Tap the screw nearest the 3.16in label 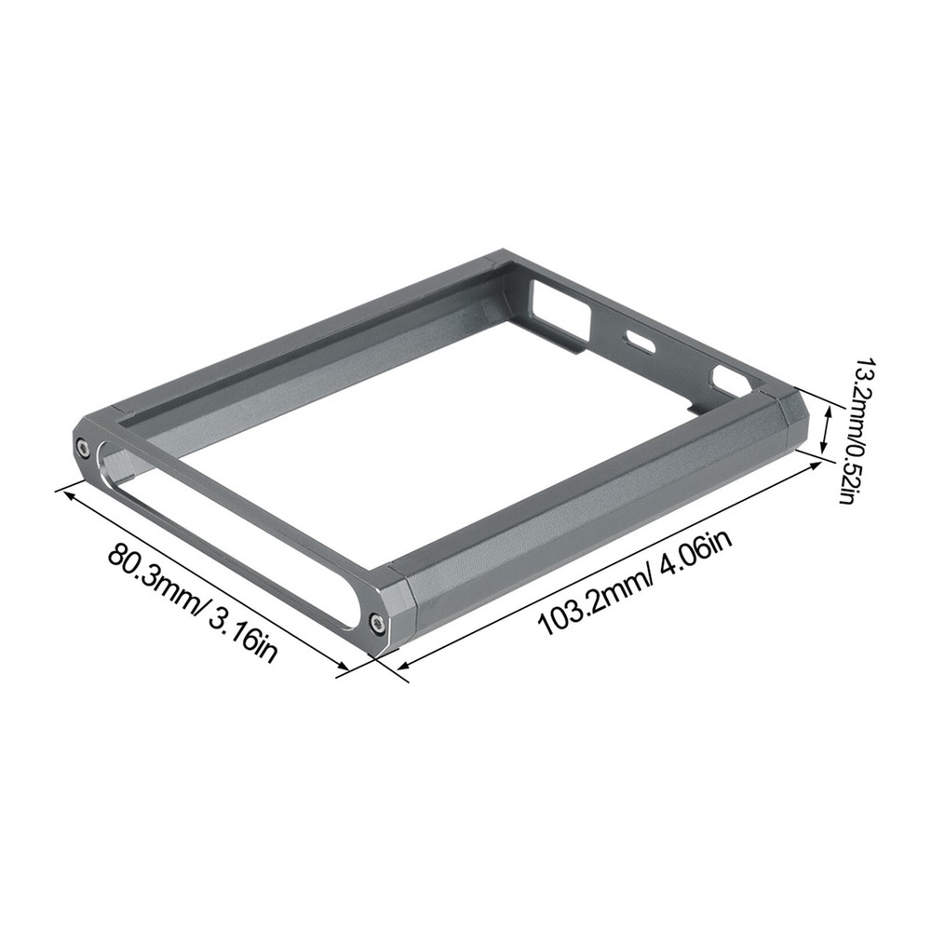377,622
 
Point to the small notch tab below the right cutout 696,407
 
